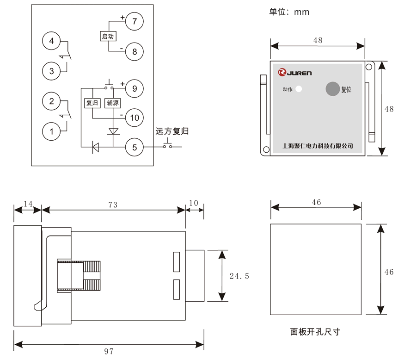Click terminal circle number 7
135,21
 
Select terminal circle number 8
135,51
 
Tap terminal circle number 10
135,118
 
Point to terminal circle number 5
135,147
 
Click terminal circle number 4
51,41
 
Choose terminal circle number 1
51,131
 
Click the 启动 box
107,36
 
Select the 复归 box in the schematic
92,103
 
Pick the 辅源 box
112,103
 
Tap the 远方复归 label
172,131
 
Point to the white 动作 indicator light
299,89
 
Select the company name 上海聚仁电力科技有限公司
317,146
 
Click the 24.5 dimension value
239,276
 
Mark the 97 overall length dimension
109,351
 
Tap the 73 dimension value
112,204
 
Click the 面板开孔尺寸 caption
315,332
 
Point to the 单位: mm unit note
289,12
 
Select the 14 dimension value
28,204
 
